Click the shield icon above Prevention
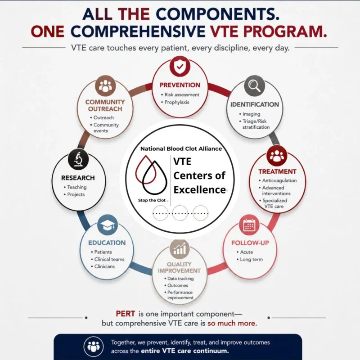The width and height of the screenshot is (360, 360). point(180,67)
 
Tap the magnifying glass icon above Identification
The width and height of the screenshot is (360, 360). point(254,86)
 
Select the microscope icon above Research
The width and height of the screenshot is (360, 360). point(78,159)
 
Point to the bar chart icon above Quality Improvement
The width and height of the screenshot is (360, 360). point(180,249)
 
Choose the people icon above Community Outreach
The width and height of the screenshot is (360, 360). point(105,86)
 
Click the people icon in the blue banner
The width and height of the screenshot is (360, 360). point(93,346)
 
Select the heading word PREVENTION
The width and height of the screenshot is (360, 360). point(180,85)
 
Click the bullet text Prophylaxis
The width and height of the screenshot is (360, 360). point(176,102)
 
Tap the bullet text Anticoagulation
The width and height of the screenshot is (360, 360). point(279,180)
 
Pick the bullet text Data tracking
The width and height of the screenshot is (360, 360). point(180,279)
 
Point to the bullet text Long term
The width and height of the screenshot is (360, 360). point(251,260)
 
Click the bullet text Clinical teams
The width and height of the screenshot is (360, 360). point(109,259)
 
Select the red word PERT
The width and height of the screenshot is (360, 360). point(126,314)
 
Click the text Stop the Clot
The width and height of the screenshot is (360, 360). point(152,200)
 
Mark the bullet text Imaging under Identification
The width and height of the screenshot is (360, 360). point(252,114)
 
